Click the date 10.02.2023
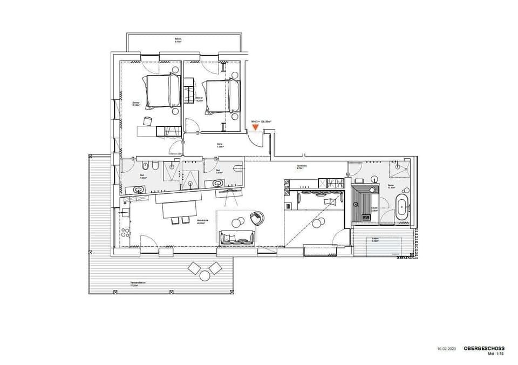coord(446,349)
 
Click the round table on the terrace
coord(205,275)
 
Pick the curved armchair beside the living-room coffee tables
coord(259,218)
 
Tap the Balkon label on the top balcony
coord(178,39)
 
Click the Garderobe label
coord(302,166)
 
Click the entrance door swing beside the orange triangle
coord(251,138)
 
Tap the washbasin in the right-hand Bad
coord(219,183)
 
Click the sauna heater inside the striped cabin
coord(357,204)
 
